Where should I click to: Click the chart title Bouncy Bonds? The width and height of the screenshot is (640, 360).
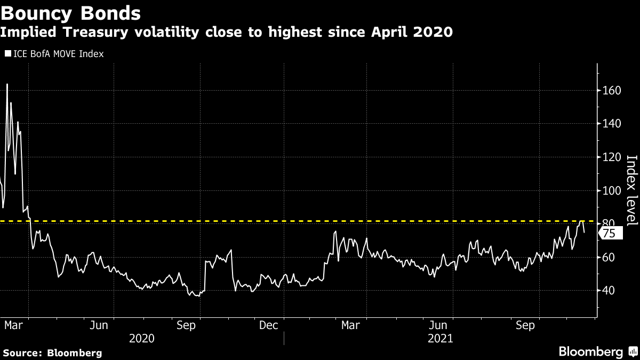[70, 12]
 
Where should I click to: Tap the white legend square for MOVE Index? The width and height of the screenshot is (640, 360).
[8, 53]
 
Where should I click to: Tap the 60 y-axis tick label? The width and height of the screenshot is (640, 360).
[609, 257]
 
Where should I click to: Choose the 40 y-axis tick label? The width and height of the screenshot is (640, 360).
[609, 291]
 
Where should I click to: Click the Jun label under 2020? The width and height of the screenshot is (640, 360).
[99, 325]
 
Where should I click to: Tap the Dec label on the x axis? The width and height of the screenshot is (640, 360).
[268, 325]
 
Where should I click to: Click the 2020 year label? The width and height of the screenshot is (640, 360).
[142, 338]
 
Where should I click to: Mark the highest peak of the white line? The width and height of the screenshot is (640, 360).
[7, 84]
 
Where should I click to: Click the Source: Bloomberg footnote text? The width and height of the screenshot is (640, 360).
[52, 353]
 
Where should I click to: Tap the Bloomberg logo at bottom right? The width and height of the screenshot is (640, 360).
[597, 352]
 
